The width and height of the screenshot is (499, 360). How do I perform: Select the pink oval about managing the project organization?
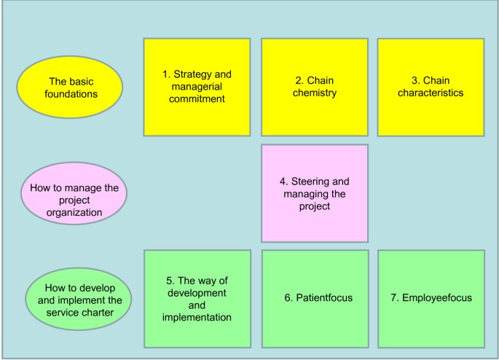tap(74, 193)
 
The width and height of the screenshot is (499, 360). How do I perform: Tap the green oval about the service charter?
tap(78, 298)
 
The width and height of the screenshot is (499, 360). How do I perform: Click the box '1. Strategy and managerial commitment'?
tap(197, 87)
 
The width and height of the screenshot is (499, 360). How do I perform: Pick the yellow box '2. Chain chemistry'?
tap(315, 87)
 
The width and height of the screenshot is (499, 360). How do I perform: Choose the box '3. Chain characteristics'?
tap(431, 87)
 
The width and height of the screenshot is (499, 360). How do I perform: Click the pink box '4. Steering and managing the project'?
tap(315, 193)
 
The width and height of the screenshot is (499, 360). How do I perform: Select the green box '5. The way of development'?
tap(197, 298)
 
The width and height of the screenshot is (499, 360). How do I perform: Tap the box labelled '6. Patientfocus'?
tap(315, 298)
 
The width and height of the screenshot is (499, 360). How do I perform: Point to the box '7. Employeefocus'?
tap(431, 298)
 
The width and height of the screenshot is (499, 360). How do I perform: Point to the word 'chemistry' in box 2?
tap(315, 93)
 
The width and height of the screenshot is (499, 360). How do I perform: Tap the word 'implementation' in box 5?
tap(197, 317)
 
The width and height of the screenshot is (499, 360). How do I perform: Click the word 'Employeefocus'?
tap(437, 298)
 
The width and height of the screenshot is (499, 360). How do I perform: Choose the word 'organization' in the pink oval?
tap(74, 213)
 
